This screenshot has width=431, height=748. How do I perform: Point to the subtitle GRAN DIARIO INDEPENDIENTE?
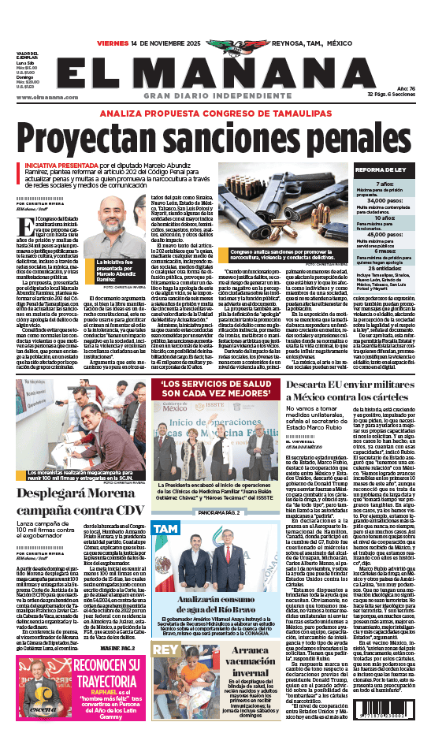pyautogui.click(x=214, y=95)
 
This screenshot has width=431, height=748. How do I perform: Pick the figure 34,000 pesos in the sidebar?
pyautogui.click(x=386, y=201)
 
